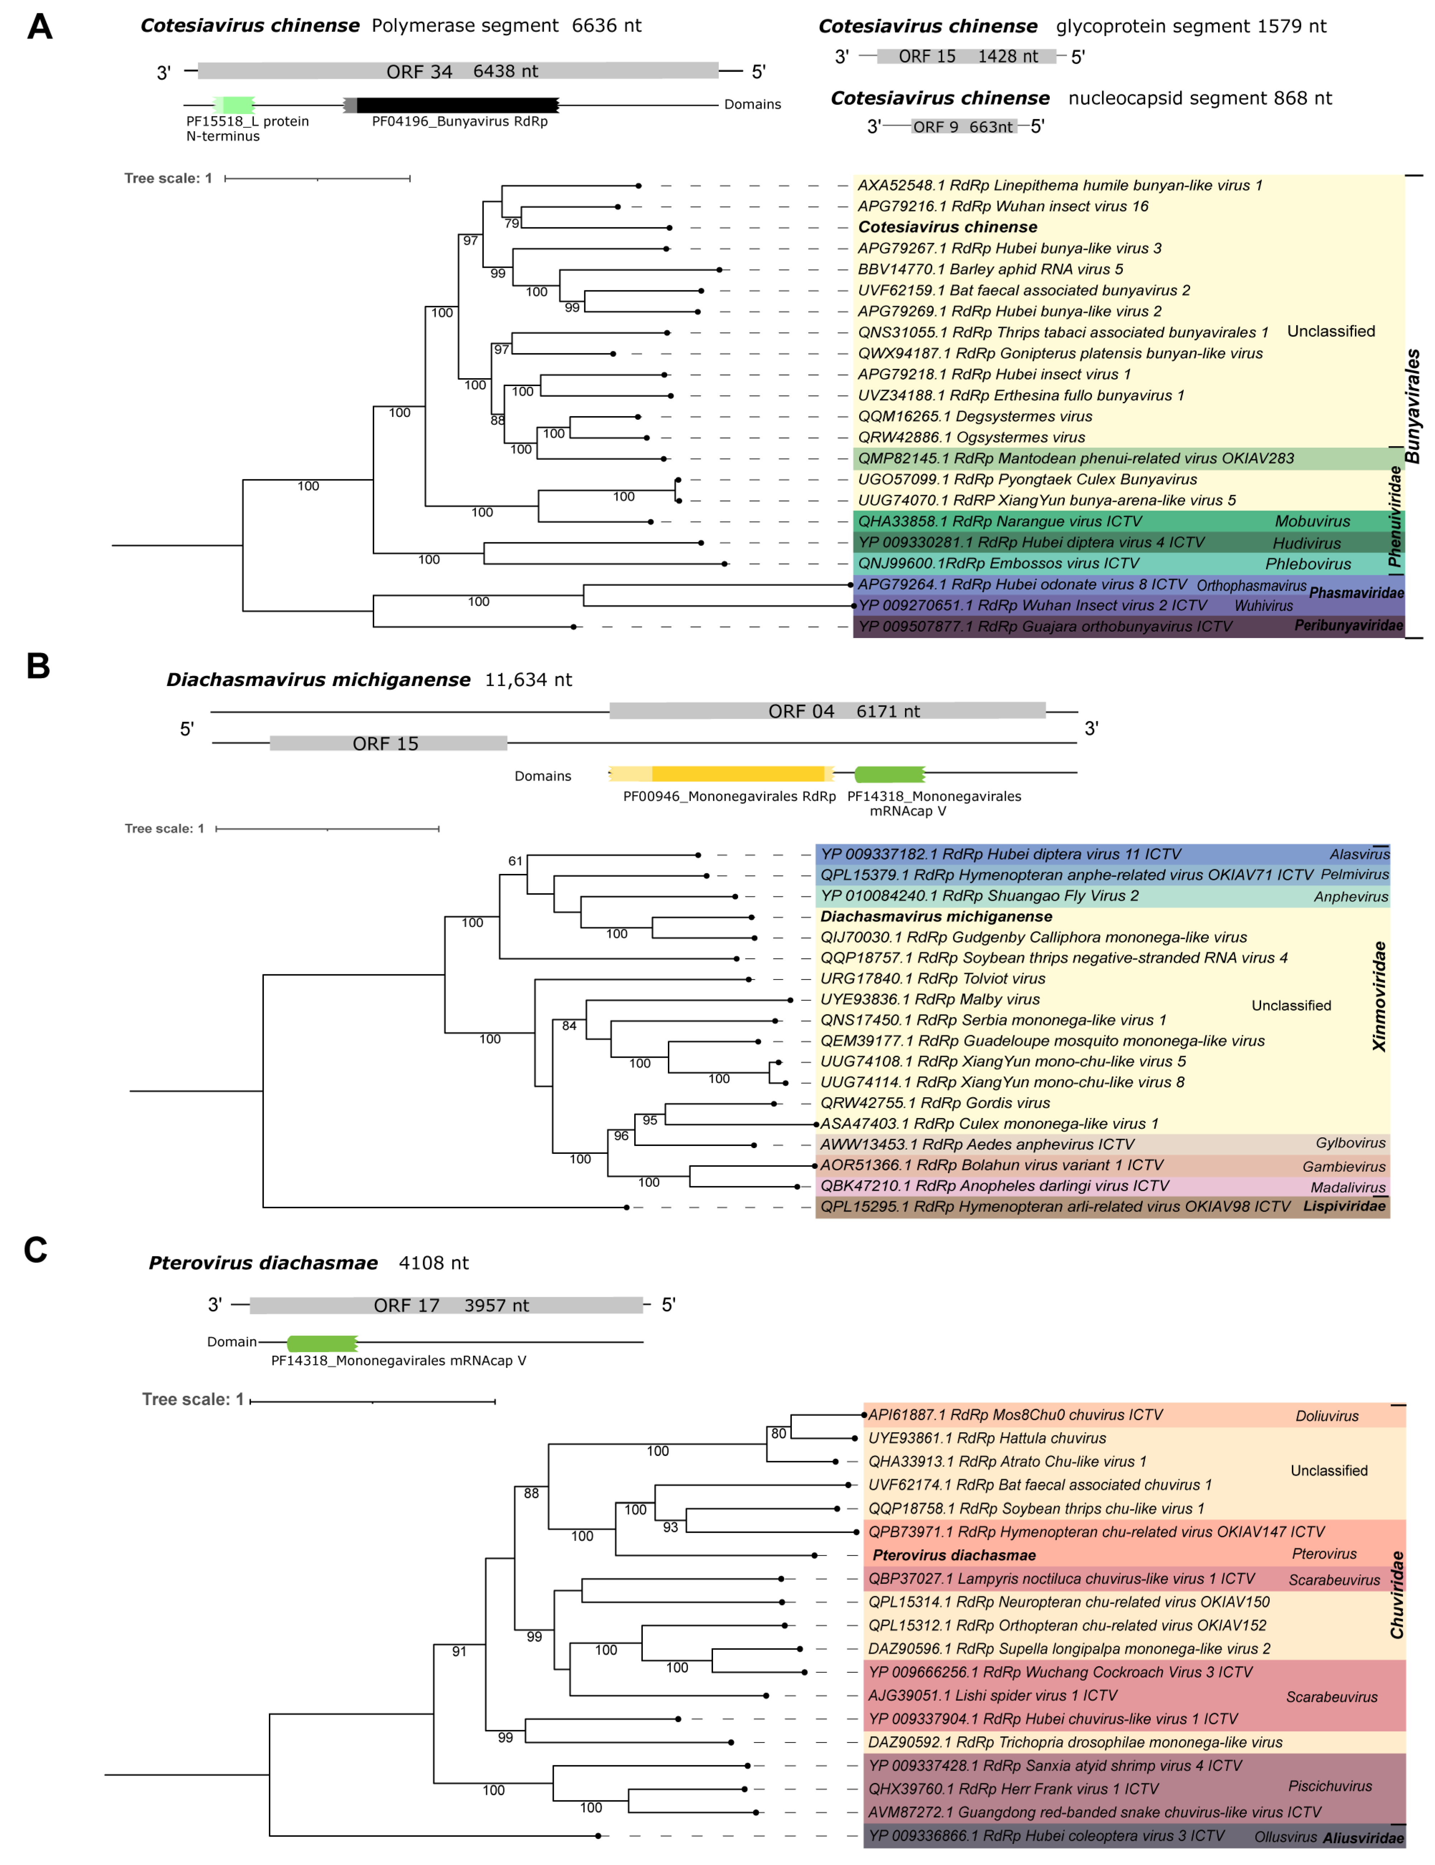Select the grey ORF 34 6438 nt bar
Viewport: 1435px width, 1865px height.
pos(458,71)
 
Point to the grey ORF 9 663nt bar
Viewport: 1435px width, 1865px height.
pos(964,127)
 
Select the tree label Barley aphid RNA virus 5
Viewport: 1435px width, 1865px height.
pos(991,269)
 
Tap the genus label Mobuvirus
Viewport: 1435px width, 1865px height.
pos(1312,521)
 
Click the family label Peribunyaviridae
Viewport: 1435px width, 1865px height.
pos(1348,625)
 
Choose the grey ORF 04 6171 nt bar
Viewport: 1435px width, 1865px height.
pos(827,710)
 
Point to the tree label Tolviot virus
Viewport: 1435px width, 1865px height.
pos(933,979)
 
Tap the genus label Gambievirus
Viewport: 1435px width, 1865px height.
pos(1344,1166)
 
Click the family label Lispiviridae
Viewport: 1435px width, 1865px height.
pos(1344,1206)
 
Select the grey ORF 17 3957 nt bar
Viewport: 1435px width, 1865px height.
pos(446,1305)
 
